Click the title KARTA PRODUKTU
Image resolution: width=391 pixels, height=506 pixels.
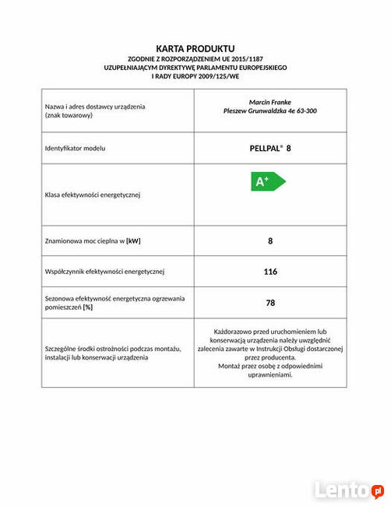click(x=195, y=48)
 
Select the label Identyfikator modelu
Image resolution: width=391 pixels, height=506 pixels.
click(x=75, y=148)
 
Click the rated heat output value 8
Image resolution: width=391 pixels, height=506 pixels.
click(x=270, y=241)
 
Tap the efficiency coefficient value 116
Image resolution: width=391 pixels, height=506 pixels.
click(x=270, y=272)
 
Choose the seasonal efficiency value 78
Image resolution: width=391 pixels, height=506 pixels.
click(x=270, y=303)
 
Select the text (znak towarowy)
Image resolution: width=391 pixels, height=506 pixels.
click(x=69, y=115)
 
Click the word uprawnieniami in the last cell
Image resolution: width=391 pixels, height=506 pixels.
click(x=270, y=375)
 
